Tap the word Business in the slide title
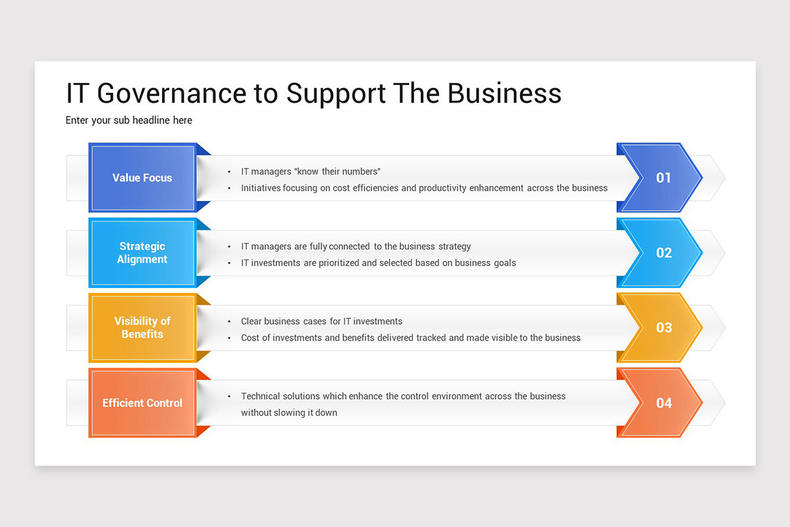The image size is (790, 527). (x=504, y=94)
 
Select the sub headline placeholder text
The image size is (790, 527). (x=129, y=121)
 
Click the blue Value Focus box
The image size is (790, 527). (x=142, y=178)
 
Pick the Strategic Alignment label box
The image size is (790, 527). (x=142, y=253)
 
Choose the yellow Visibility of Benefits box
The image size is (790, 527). (x=142, y=327)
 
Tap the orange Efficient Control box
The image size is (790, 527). (x=142, y=403)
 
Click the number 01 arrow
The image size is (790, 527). (x=662, y=178)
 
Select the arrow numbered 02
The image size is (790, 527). (x=662, y=253)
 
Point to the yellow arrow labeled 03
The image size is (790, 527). (x=662, y=327)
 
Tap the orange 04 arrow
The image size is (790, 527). (x=662, y=403)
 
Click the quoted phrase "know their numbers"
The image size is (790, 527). (x=338, y=172)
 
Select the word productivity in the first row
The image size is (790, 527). (x=442, y=188)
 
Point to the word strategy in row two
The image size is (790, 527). (x=454, y=247)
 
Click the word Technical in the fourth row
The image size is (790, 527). (x=261, y=397)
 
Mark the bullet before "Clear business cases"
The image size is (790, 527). (x=229, y=322)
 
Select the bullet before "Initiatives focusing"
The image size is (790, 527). (x=229, y=188)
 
